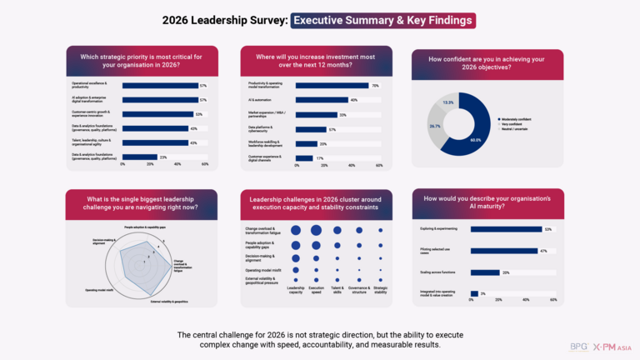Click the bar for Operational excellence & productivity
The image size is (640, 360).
[160, 85]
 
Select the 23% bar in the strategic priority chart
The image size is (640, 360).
[139, 156]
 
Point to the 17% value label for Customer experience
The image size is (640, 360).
[320, 157]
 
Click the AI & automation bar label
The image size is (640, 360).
[261, 100]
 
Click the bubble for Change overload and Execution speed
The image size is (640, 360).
[316, 230]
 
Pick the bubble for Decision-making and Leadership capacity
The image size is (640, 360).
[296, 257]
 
